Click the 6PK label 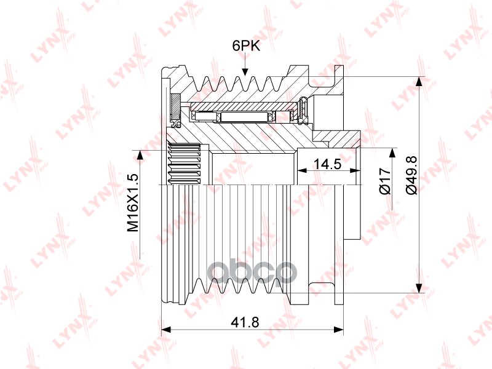click(246, 46)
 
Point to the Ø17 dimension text click(385, 181)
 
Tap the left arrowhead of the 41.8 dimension click(165, 330)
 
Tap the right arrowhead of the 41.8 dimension click(339, 330)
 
